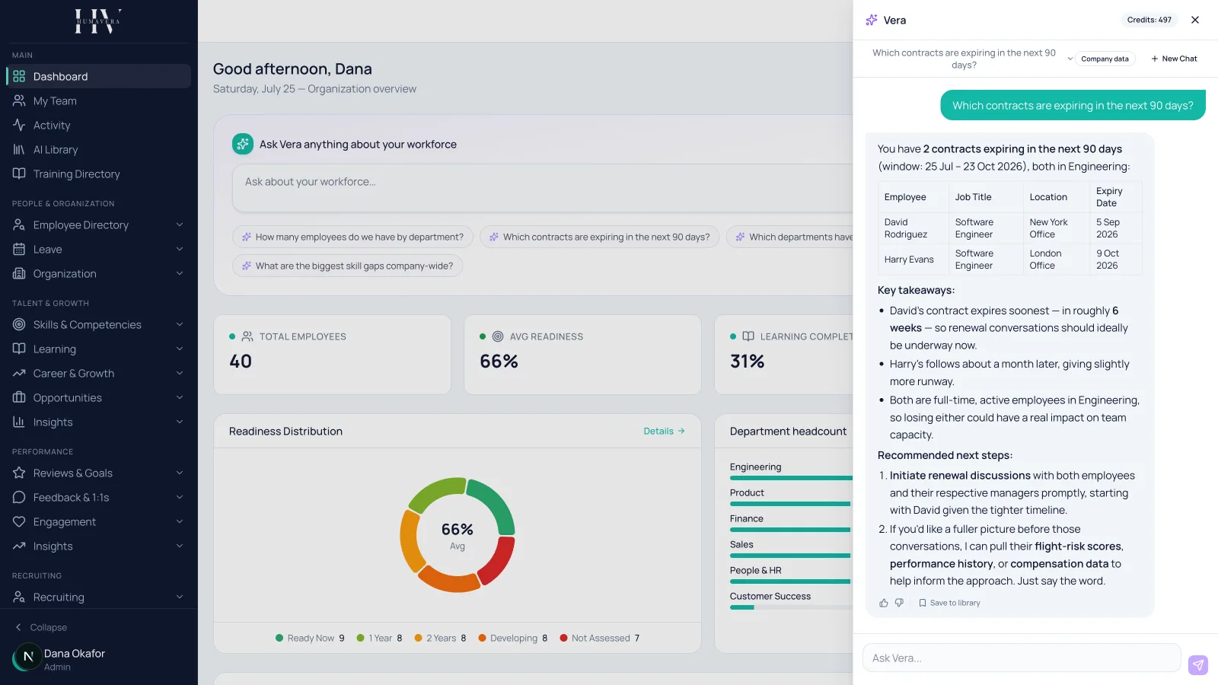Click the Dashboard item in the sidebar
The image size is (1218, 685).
tap(98, 76)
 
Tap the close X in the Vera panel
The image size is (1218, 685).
tap(1194, 20)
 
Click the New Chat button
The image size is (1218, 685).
tap(1174, 59)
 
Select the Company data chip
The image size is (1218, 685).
tap(1105, 59)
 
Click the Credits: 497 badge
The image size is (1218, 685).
tap(1149, 20)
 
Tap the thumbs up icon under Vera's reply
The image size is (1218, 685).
tap(884, 603)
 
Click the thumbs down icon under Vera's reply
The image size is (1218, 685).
tap(899, 603)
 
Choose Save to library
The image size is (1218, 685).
tap(949, 603)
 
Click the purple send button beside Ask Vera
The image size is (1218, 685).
tap(1198, 664)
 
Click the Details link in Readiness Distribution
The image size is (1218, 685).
tap(664, 431)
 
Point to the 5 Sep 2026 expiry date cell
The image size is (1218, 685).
tap(1108, 228)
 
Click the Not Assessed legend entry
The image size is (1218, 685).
tap(600, 639)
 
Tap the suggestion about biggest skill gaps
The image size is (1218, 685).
tap(347, 266)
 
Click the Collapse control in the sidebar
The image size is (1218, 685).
tap(41, 627)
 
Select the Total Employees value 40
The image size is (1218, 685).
tap(241, 361)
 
